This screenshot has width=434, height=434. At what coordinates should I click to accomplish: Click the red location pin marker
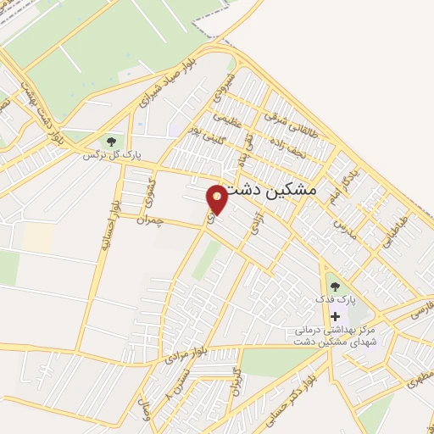pos(218,198)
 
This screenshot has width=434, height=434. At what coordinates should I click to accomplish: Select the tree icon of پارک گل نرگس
pos(110,141)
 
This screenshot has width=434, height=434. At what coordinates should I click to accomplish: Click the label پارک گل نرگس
pos(111,155)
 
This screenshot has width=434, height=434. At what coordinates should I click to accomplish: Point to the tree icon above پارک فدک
pos(335,287)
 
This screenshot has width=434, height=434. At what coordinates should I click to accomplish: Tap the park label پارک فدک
pos(336,300)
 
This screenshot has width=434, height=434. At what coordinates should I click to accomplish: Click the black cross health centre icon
pos(335,316)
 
